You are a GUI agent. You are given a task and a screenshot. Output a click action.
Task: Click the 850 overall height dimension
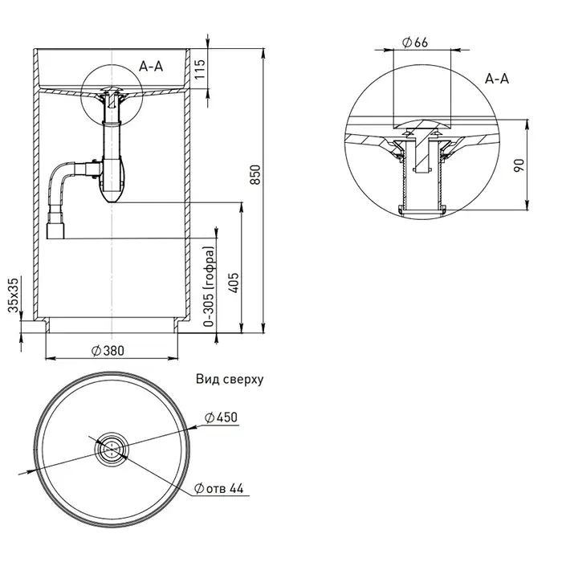tap(255, 174)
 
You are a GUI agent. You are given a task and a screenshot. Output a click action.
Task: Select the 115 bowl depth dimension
tap(199, 69)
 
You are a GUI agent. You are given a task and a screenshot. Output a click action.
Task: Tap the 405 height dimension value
tap(234, 283)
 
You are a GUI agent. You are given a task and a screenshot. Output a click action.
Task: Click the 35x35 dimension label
tap(14, 295)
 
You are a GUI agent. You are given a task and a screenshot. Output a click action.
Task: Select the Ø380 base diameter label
tap(108, 351)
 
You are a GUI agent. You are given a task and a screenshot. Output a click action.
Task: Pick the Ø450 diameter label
tap(221, 417)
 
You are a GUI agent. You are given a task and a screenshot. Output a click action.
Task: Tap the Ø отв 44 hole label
tap(218, 488)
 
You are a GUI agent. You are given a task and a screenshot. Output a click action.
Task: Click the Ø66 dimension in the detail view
tap(415, 43)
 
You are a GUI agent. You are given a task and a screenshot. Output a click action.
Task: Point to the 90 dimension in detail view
tap(519, 165)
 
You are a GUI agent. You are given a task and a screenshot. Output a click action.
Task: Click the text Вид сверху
tap(230, 379)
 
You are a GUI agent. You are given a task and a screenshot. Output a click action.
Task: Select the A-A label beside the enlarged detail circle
tap(497, 79)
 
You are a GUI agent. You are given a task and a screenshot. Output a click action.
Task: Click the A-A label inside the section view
tap(151, 67)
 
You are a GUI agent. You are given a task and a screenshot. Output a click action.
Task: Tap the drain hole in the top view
tap(112, 448)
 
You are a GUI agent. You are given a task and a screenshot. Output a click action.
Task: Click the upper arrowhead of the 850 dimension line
tap(264, 52)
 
